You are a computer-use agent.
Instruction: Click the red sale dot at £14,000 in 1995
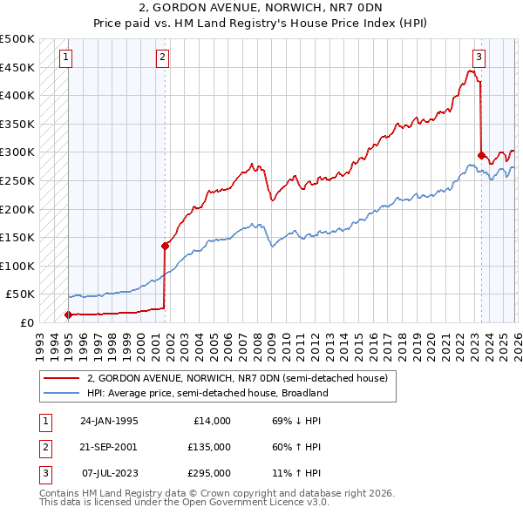68,314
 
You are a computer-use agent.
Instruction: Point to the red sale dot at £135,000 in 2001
165,246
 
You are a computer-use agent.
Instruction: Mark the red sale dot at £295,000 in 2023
481,155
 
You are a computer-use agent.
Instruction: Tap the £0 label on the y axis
26,322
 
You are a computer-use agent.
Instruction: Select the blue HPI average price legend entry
207,393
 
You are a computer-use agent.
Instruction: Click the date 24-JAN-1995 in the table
109,421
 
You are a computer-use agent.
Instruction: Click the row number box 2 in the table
44,447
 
